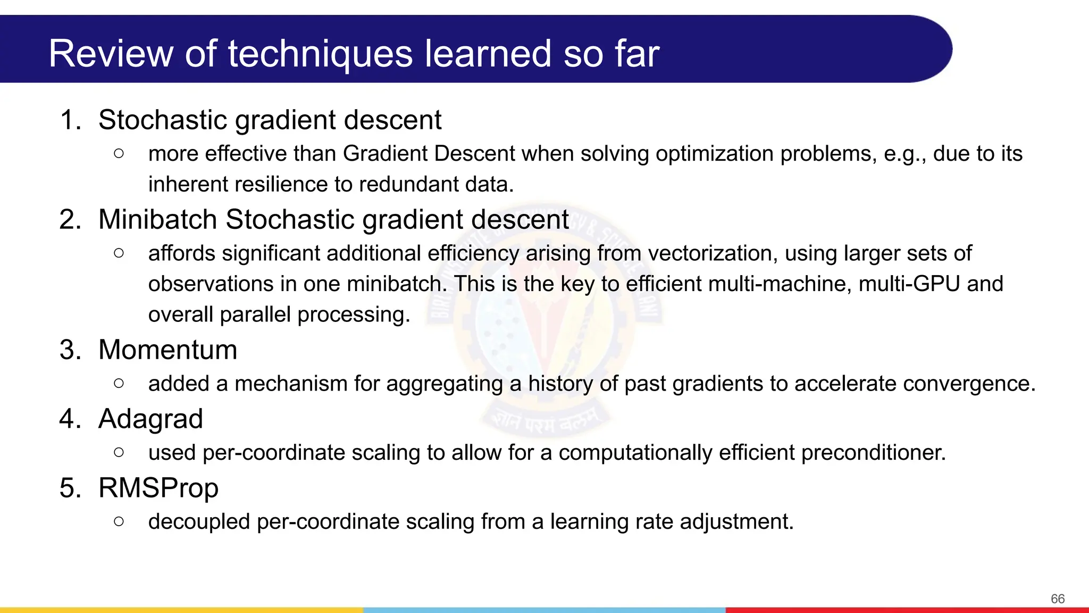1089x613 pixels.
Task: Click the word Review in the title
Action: pos(111,54)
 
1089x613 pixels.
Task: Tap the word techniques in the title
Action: pos(320,54)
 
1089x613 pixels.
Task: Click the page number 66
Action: pos(1057,599)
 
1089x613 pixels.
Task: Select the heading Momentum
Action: pos(167,350)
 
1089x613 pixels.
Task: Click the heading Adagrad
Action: pos(150,419)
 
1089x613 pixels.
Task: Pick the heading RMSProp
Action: pos(158,488)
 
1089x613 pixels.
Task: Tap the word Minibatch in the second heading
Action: pos(157,220)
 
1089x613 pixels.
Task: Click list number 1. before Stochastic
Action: pos(70,120)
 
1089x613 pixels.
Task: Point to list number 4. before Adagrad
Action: pos(70,419)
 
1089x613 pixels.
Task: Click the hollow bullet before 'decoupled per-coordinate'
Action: pos(119,521)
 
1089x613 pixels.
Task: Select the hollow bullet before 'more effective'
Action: pos(119,154)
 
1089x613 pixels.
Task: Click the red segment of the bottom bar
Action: pos(907,610)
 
